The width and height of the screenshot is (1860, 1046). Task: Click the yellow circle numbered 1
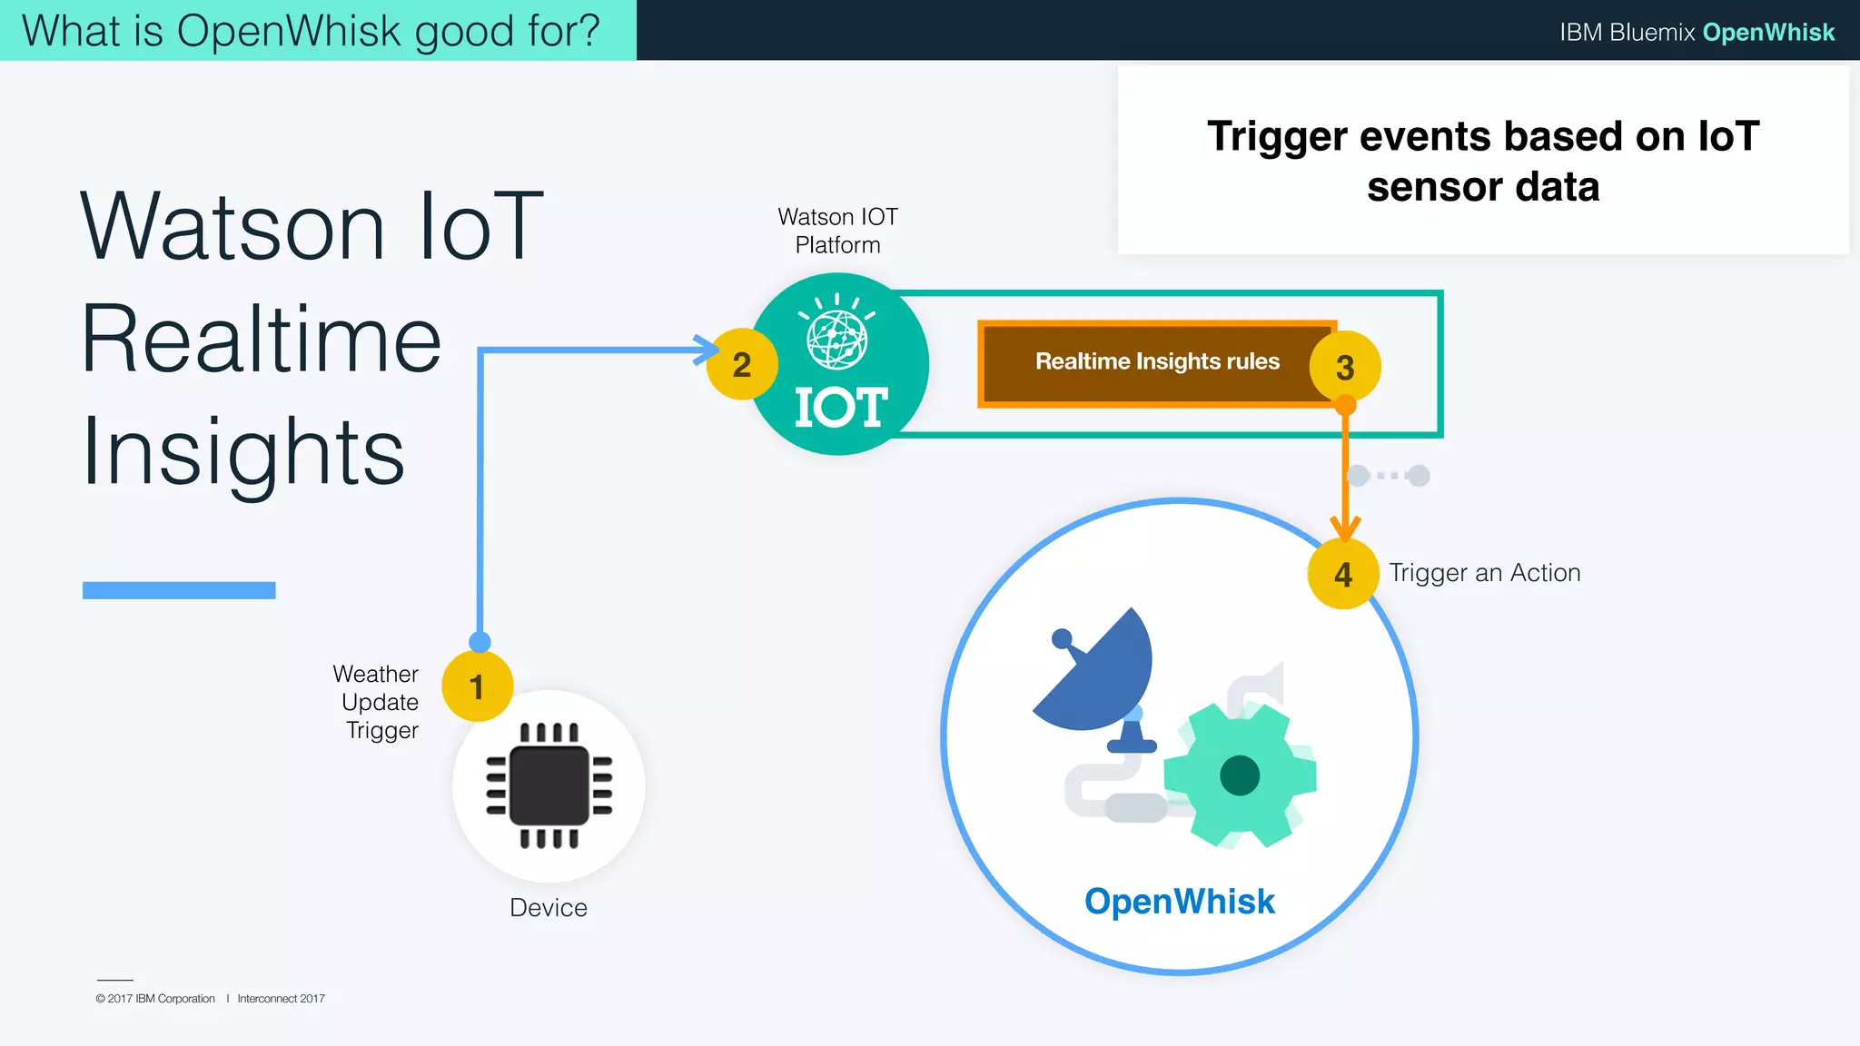click(x=477, y=686)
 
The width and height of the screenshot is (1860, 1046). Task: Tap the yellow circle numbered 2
click(x=741, y=364)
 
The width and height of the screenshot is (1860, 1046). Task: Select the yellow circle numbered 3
click(x=1345, y=367)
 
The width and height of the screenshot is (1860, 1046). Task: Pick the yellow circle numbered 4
click(x=1342, y=574)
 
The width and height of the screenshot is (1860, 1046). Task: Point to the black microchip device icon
click(x=549, y=785)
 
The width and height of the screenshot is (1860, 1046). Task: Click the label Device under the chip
click(x=548, y=907)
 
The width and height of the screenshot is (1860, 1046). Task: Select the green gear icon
click(x=1240, y=775)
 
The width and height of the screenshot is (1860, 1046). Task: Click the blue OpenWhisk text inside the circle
click(x=1179, y=901)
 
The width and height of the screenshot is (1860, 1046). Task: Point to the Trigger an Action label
click(x=1484, y=573)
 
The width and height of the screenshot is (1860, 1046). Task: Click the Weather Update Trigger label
click(x=377, y=702)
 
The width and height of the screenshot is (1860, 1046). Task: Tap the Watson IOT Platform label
click(x=837, y=231)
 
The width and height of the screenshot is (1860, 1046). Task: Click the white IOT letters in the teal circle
click(x=840, y=407)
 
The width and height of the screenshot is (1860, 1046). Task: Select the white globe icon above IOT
click(x=836, y=339)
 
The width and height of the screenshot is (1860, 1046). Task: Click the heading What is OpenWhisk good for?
click(x=311, y=30)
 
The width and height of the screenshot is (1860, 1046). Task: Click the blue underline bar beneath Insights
click(x=179, y=590)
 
